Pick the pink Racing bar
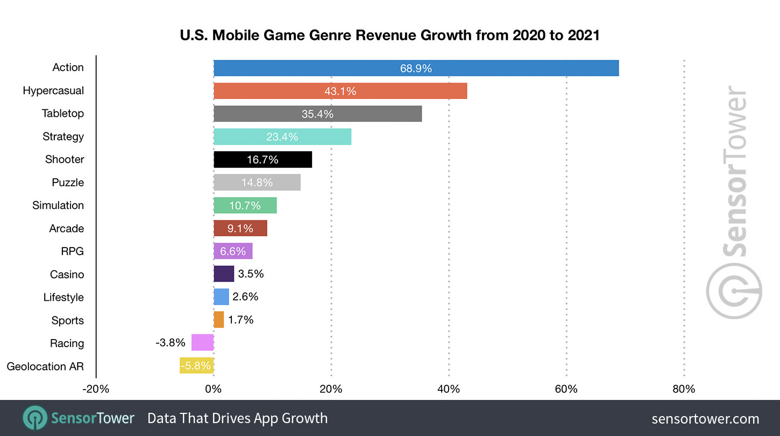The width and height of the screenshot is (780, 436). [x=202, y=343]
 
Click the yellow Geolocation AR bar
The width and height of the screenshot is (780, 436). [x=197, y=366]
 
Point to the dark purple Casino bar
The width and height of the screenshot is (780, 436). [x=223, y=274]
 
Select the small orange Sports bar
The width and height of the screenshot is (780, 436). [x=218, y=320]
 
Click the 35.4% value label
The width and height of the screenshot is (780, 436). [x=317, y=114]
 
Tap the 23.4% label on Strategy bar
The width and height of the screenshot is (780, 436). [x=282, y=137]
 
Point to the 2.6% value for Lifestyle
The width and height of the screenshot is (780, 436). [x=245, y=297]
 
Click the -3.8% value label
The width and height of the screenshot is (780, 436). [x=171, y=343]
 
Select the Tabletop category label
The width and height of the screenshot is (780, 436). [x=63, y=114]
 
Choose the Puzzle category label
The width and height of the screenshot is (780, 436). [x=68, y=182]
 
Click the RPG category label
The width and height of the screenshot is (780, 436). [x=72, y=251]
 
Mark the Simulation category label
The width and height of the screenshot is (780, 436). [x=58, y=206]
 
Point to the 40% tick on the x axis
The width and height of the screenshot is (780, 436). [x=449, y=389]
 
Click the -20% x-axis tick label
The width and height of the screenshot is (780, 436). [x=96, y=389]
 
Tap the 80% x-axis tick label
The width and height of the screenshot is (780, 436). [x=684, y=389]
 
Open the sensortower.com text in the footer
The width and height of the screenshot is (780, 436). [x=705, y=419]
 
